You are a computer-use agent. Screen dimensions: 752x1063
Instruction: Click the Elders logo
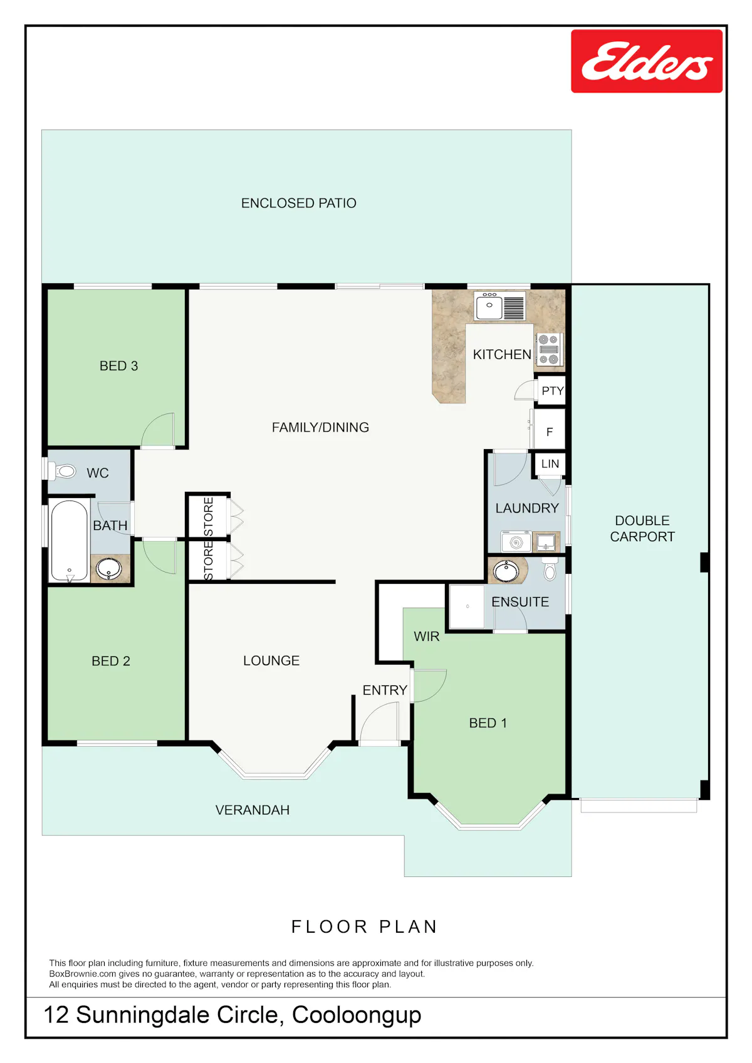[x=646, y=61]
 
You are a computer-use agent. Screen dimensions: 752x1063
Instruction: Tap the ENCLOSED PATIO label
[x=299, y=203]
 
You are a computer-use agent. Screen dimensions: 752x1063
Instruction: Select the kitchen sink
[x=500, y=306]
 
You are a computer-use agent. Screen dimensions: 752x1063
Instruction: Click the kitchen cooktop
[x=549, y=350]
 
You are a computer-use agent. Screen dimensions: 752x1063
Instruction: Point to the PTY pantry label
[x=553, y=390]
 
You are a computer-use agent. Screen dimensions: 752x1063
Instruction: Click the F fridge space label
[x=550, y=432]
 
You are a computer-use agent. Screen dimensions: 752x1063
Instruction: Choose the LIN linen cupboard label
[x=550, y=464]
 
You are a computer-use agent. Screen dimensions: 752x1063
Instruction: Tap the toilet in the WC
[x=61, y=470]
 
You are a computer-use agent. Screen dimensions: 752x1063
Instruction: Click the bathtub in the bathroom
[x=70, y=541]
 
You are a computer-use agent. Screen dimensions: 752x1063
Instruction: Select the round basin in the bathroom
[x=108, y=568]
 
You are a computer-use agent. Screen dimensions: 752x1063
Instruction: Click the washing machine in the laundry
[x=516, y=541]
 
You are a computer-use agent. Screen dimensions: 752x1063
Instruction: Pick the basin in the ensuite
[x=506, y=571]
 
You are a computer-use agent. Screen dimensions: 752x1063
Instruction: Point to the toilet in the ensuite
[x=550, y=569]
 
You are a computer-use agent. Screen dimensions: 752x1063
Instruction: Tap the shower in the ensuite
[x=467, y=606]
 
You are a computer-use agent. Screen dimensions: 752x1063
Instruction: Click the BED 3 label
[x=118, y=366]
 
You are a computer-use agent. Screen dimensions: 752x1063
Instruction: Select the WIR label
[x=426, y=636]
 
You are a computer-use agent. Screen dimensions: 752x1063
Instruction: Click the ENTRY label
[x=385, y=690]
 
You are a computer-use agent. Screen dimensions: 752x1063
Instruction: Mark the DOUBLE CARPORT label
[x=642, y=528]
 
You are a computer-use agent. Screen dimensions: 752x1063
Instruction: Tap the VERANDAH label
[x=253, y=809]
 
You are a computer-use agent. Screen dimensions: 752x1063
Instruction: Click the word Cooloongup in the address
[x=357, y=1015]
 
